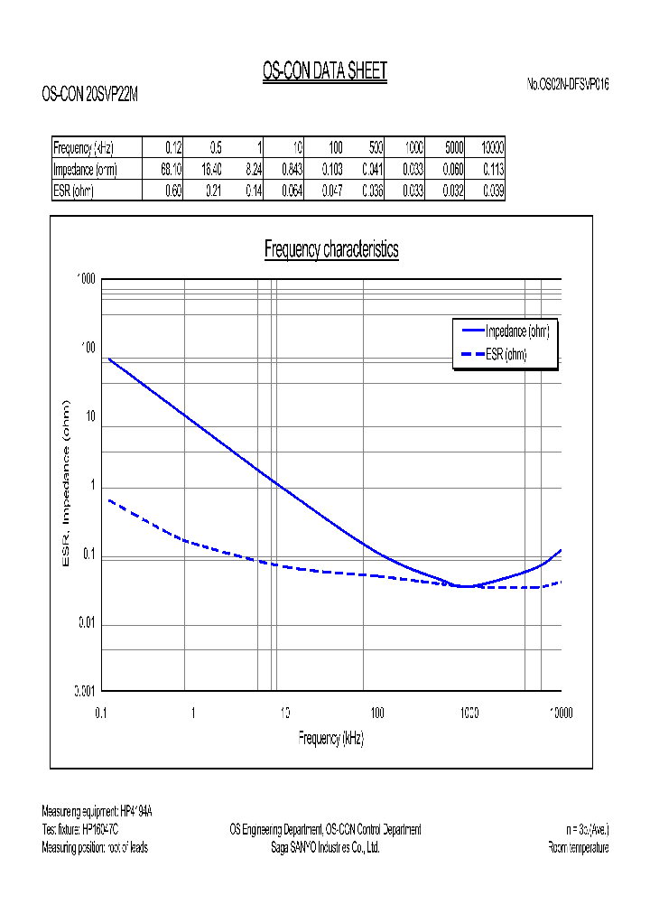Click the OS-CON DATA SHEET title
(324, 71)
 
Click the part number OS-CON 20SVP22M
(90, 93)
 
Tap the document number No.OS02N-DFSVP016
(568, 84)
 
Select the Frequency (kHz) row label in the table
(84, 148)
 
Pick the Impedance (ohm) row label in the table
(86, 169)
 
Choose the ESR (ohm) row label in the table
(74, 191)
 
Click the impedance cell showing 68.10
(172, 169)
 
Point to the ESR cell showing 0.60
(172, 191)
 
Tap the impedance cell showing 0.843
(292, 169)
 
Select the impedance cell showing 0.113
(493, 169)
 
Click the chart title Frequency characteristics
(331, 249)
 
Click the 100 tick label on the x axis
(377, 713)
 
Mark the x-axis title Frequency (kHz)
(331, 738)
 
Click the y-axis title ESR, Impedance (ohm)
(65, 484)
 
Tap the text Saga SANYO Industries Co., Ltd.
(325, 848)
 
